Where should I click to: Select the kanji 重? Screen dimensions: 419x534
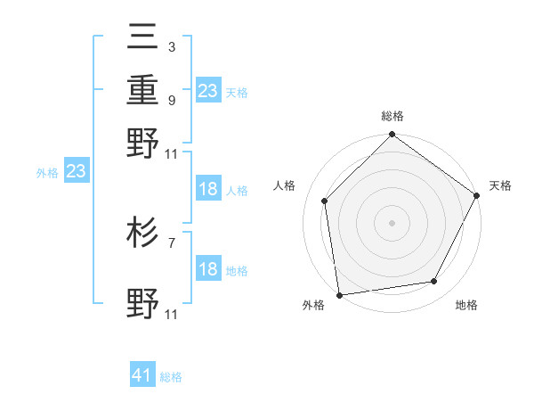point(143,90)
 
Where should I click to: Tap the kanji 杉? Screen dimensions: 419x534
point(143,234)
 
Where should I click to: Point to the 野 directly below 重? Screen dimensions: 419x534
point(143,142)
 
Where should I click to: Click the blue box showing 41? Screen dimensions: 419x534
point(142,375)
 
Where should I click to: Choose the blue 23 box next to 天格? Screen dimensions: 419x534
point(208,90)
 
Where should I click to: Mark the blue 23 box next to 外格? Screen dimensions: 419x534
point(76,171)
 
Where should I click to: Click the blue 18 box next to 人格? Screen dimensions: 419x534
point(208,189)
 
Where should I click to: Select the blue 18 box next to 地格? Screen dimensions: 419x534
point(208,269)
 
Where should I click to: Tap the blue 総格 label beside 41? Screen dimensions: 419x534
point(171,377)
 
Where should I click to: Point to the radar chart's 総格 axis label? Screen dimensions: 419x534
point(392,116)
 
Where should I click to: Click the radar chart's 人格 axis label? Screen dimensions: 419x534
point(285,185)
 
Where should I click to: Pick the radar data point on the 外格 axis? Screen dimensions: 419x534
point(339,294)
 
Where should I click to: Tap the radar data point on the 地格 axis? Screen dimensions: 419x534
point(434,282)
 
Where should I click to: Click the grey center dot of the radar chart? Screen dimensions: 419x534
point(392,222)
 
